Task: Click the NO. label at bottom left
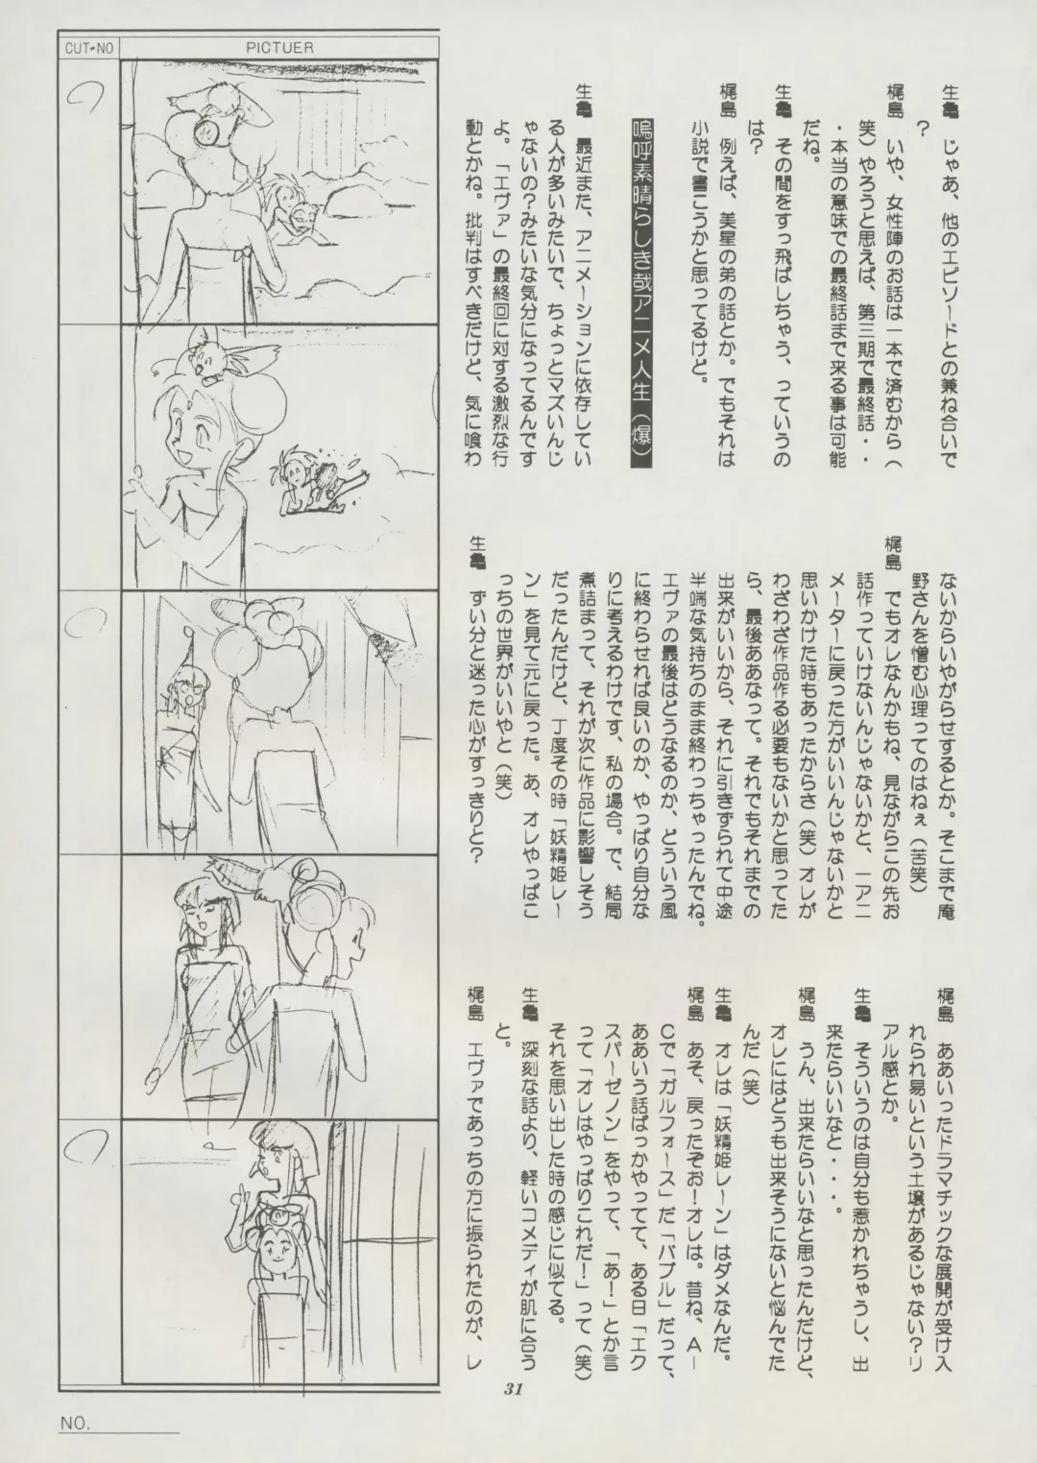pyautogui.click(x=75, y=1417)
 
